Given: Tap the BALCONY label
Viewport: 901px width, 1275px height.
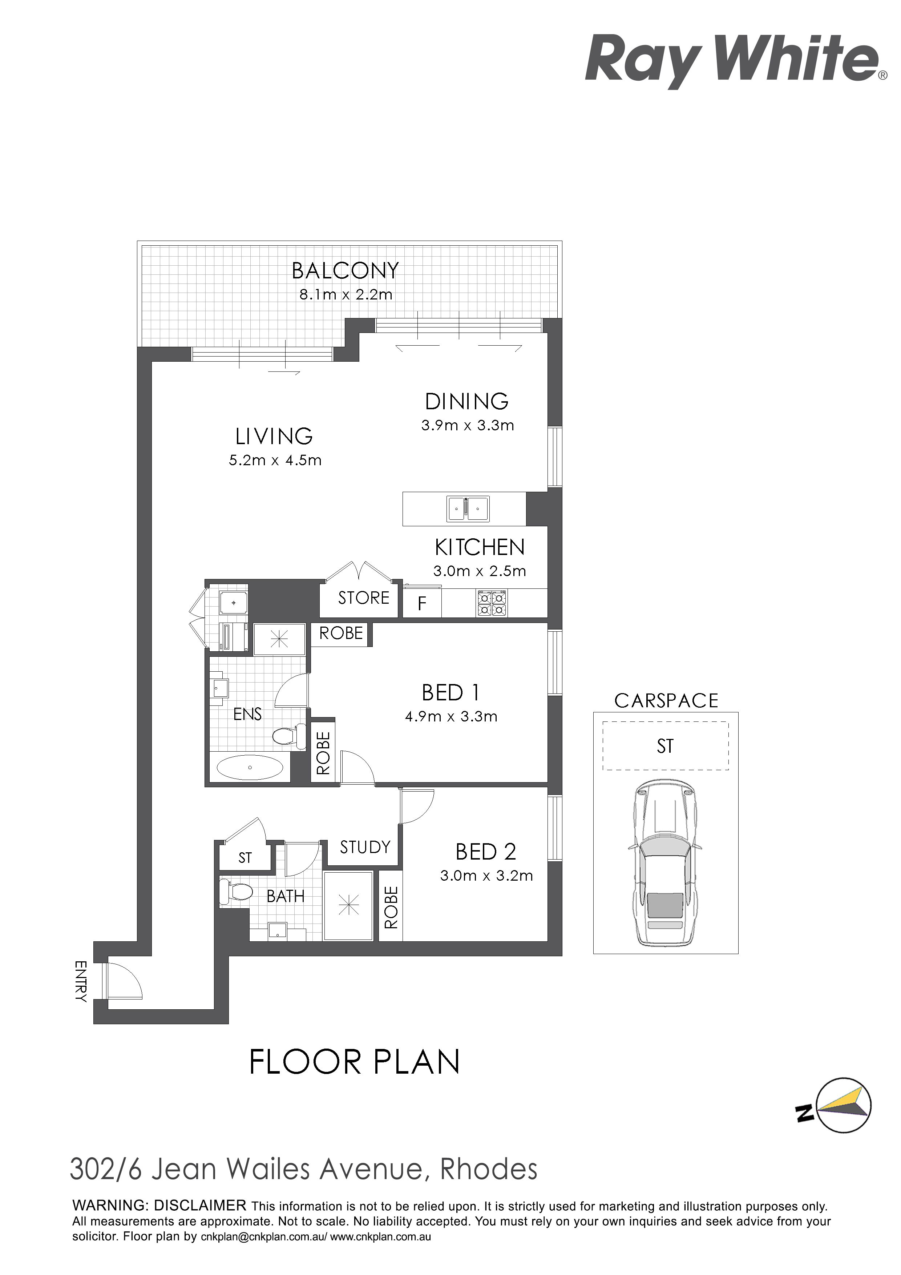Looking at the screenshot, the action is tap(345, 271).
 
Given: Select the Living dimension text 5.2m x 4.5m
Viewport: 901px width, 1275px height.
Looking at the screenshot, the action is tap(275, 460).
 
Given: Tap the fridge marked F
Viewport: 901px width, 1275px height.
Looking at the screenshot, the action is tap(422, 604).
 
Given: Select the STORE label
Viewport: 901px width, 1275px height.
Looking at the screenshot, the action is tap(364, 598).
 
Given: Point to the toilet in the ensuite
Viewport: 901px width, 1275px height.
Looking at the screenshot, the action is tap(289, 736).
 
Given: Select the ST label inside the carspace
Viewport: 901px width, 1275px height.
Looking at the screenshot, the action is tap(665, 746).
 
